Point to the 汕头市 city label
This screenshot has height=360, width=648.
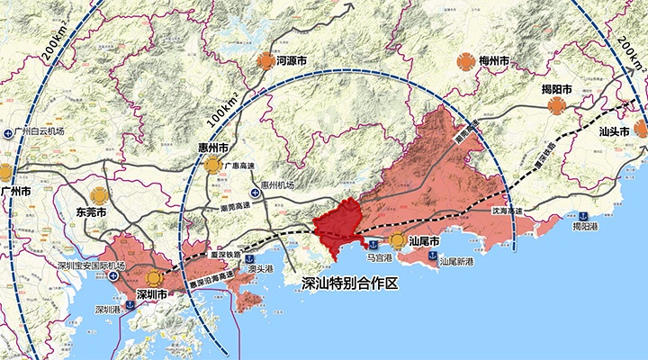pyautogui.click(x=615, y=130)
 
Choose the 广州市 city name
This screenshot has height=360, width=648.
pyautogui.click(x=16, y=192)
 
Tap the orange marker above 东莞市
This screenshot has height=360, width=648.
pyautogui.click(x=99, y=193)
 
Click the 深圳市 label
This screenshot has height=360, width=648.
pyautogui.click(x=151, y=294)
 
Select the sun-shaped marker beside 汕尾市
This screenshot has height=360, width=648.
pyautogui.click(x=398, y=240)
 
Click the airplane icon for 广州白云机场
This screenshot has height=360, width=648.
pyautogui.click(x=7, y=131)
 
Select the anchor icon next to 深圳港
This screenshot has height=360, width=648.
pyautogui.click(x=130, y=307)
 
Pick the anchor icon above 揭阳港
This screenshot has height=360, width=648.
pyautogui.click(x=582, y=215)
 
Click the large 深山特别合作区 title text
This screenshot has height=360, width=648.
pyautogui.click(x=347, y=283)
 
